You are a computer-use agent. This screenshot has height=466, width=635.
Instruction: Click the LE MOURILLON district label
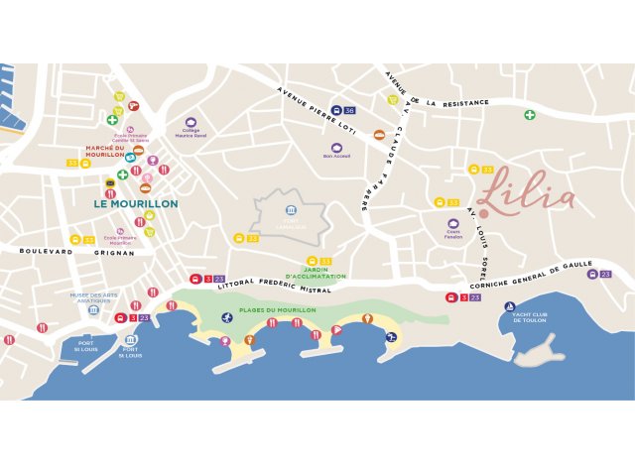pos(136,203)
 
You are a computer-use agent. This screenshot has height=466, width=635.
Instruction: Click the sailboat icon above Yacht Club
pos(510,306)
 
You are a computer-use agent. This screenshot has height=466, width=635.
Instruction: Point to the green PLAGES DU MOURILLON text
pos(277,310)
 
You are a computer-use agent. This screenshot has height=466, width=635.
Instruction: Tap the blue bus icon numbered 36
pos(337,111)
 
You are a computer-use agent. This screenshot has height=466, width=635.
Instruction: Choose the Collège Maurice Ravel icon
pos(191,122)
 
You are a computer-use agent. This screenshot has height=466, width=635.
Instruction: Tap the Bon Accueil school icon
pos(337,148)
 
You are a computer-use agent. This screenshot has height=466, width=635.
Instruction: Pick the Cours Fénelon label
pos(453,235)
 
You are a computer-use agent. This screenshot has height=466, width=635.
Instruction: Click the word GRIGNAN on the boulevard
pos(115,253)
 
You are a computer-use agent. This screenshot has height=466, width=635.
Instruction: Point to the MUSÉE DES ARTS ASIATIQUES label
pos(93,297)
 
